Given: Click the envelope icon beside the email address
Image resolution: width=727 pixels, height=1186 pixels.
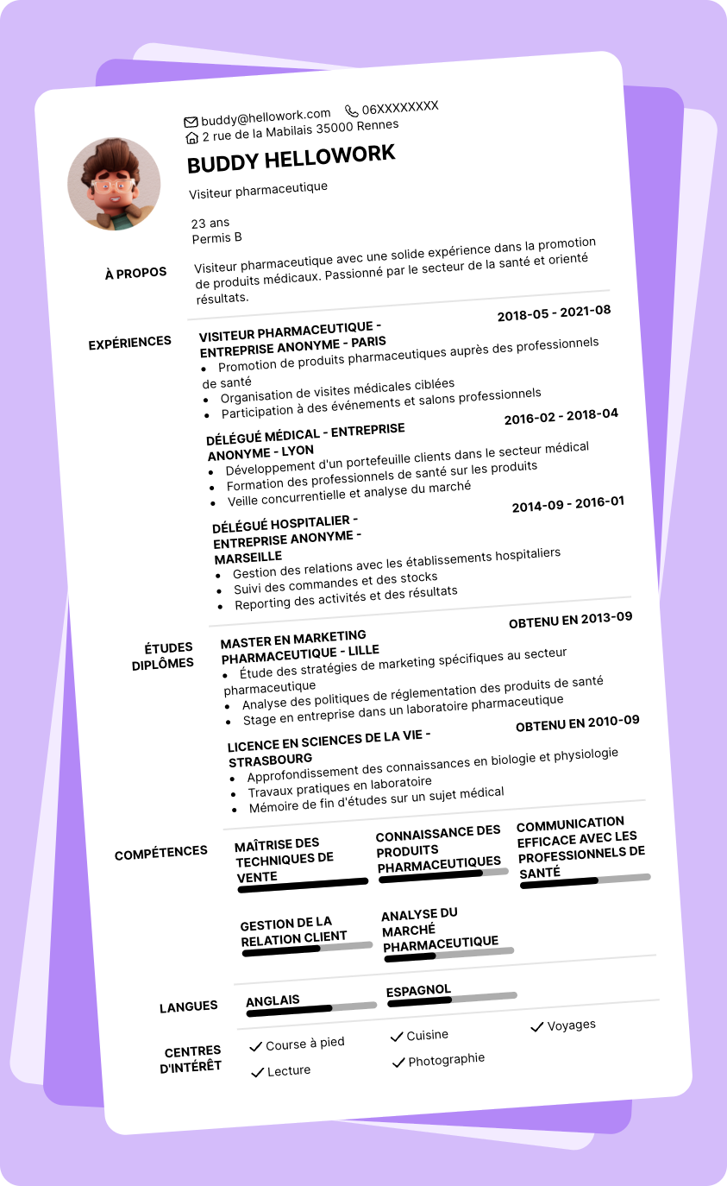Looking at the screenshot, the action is click(191, 121).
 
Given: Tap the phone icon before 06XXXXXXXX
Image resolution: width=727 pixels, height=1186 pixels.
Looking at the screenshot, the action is click(351, 110).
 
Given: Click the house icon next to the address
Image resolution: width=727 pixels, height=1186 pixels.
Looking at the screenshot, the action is click(192, 137).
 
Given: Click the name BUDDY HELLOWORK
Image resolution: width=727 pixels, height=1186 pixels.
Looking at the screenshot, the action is click(291, 159).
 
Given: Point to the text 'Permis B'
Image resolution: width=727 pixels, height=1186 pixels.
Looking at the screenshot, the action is click(216, 238).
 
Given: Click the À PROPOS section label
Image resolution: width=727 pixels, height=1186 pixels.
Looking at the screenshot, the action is click(135, 274).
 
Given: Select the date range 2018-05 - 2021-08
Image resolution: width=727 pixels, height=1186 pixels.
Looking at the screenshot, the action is click(554, 313).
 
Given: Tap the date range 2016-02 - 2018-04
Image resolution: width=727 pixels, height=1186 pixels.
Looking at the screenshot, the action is click(561, 417).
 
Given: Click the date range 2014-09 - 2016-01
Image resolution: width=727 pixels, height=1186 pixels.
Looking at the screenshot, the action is click(568, 505).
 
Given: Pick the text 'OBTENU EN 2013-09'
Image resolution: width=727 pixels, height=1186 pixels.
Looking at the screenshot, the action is click(571, 620).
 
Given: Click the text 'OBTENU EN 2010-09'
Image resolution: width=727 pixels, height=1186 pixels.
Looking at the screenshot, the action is click(578, 723).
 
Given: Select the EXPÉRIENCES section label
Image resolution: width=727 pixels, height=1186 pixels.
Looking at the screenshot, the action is click(130, 344).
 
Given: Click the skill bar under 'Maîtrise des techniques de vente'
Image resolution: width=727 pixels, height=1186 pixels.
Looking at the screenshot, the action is click(303, 885).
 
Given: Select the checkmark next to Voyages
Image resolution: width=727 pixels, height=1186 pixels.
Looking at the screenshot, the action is click(536, 1026).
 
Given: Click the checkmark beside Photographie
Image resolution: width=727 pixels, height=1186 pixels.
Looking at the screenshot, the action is click(398, 1062).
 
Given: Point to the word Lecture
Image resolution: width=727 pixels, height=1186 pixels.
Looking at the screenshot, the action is click(289, 1070).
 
